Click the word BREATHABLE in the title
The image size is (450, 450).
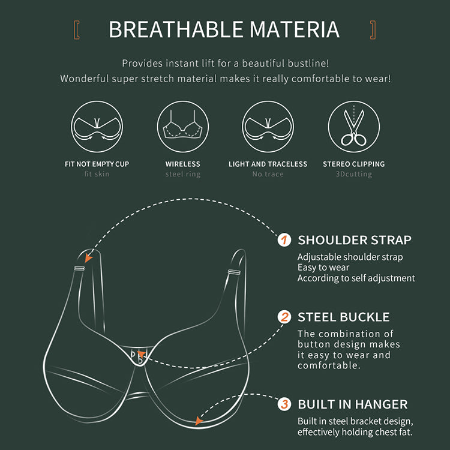tap(176, 29)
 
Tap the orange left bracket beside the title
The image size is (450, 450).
tap(77, 30)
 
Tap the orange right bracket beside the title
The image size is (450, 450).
tap(373, 30)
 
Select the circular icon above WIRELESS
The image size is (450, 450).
tap(183, 127)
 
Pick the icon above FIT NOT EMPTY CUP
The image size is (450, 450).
tap(97, 127)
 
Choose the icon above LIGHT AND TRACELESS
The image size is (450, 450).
tap(268, 127)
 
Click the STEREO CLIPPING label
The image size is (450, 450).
tap(353, 164)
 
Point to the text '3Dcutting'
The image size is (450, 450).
tap(354, 174)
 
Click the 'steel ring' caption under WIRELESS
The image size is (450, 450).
tap(183, 174)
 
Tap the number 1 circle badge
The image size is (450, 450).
tap(284, 240)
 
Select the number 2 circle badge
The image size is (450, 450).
tap(284, 317)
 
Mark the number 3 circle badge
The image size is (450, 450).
tap(284, 404)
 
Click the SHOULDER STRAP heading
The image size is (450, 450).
tap(355, 240)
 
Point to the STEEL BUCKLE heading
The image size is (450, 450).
tap(344, 317)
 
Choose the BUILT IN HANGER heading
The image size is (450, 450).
tap(353, 404)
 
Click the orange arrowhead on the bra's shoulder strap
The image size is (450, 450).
tap(88, 258)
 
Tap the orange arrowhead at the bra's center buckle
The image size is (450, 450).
tap(140, 354)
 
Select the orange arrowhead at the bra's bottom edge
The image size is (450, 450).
tap(199, 421)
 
